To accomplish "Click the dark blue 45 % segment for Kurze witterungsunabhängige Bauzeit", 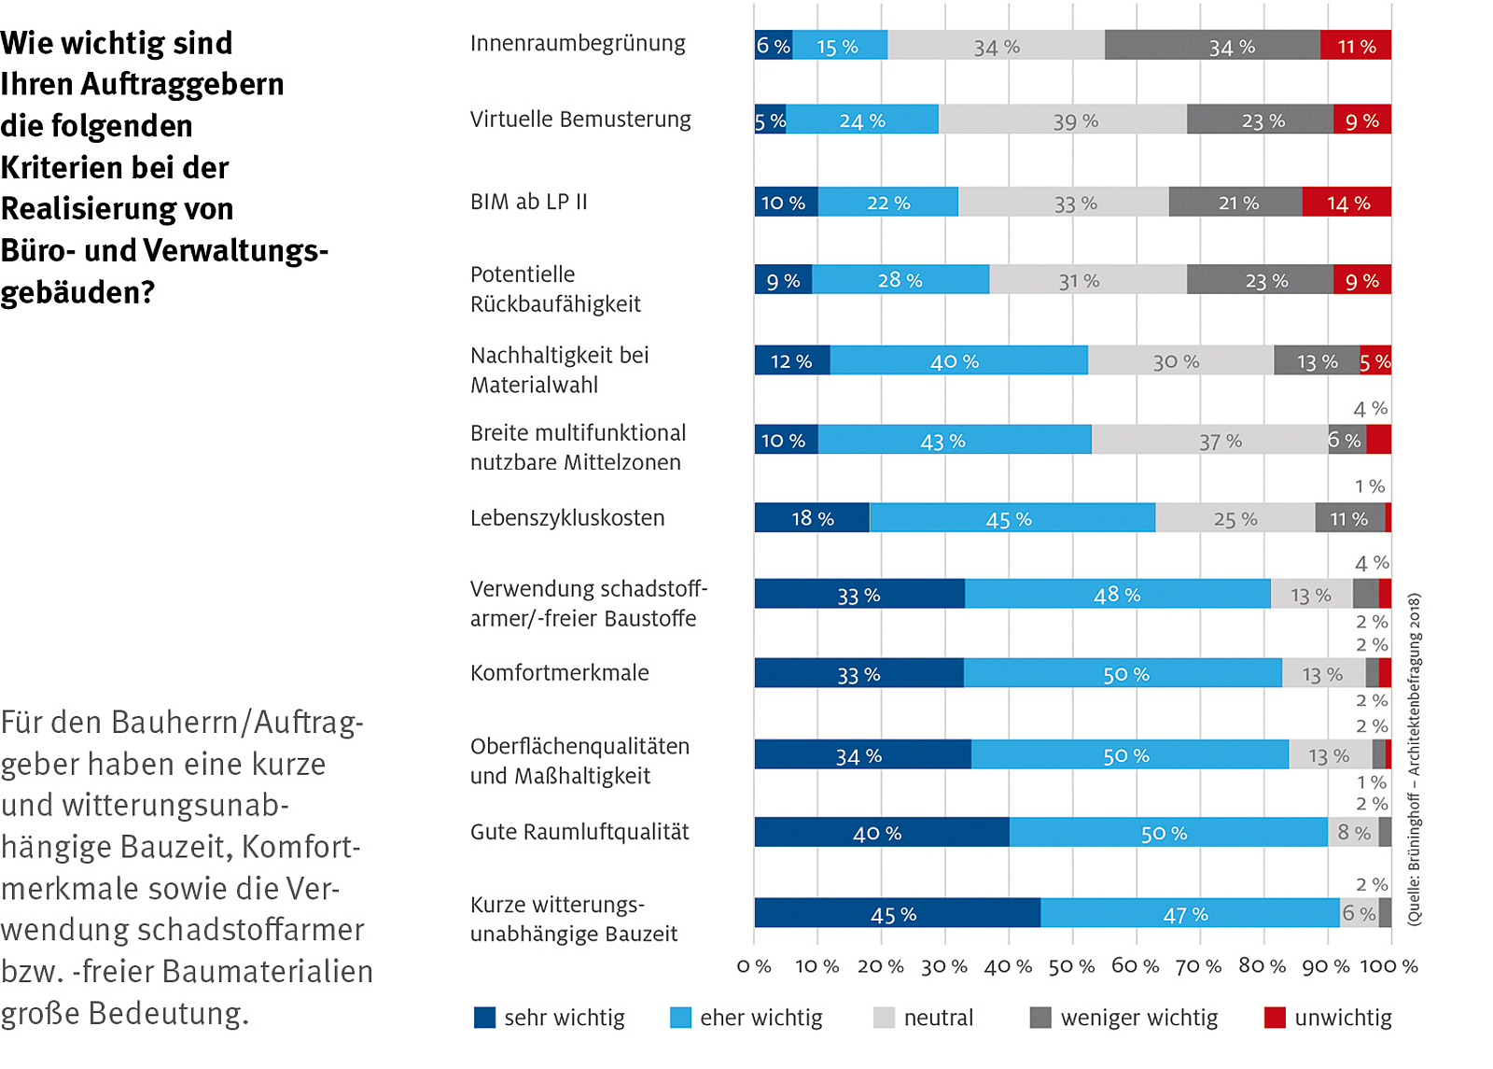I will coord(897,913).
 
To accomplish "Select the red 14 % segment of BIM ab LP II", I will coord(1346,202).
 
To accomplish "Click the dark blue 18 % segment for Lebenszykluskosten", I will coord(812,517).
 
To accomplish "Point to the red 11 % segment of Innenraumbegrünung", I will coord(1355,45).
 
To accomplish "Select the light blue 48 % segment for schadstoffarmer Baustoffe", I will coord(1117,594).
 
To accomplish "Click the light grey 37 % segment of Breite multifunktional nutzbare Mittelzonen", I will coord(1209,440).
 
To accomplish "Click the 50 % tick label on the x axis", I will coord(1071,966).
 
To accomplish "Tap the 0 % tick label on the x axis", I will coord(754,966).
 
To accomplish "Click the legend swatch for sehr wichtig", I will coord(485,1018).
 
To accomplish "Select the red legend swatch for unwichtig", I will coord(1275,1018).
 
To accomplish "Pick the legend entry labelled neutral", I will coord(938,1018).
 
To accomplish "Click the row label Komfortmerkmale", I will coord(560,672).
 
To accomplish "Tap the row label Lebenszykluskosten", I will coord(567,518).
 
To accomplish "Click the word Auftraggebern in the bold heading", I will coord(182,84).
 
